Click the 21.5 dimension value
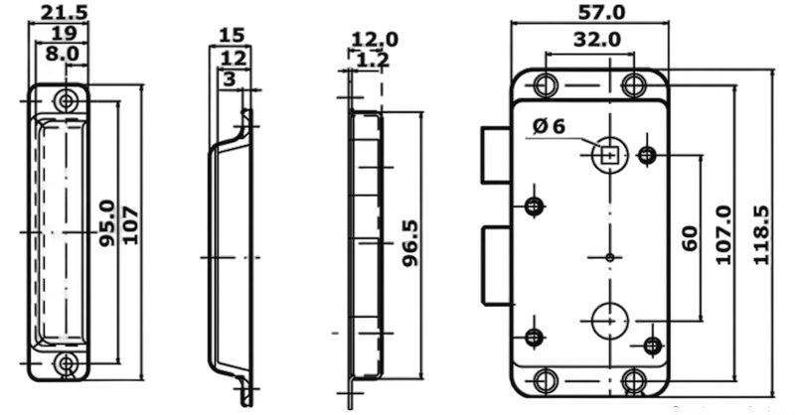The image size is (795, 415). coord(64,12)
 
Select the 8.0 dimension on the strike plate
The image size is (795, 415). coord(62,54)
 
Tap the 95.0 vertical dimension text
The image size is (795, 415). coord(107,223)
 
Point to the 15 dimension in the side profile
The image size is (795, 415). coord(232,36)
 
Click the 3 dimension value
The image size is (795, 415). coord(230,79)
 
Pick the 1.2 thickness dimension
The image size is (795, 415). coord(372,60)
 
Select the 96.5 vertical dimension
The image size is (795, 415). coord(409,242)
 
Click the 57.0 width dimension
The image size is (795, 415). coord(602,12)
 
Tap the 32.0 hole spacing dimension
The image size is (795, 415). coord(597,39)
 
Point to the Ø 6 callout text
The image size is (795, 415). coord(549,126)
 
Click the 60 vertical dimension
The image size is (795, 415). coord(689,238)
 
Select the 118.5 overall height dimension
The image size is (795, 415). coord(760,234)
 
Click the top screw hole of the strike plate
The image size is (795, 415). coord(66,100)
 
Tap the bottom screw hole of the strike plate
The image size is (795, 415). coord(66,363)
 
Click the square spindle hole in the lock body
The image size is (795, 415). coord(609,154)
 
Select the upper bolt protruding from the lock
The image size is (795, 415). coord(496,155)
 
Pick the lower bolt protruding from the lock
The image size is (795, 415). coord(496,265)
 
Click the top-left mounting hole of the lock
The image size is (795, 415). coord(545,84)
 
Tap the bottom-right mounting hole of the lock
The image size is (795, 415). coord(634,380)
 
